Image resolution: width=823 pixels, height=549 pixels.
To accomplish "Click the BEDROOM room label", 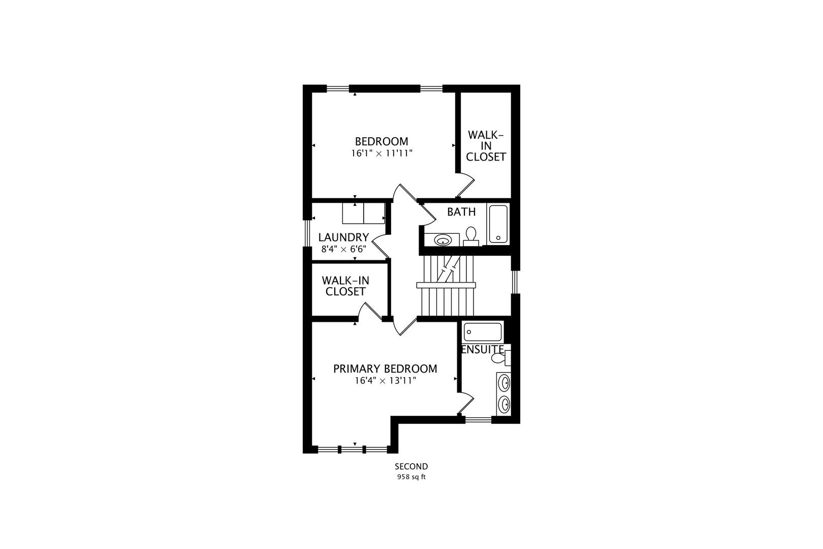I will tap(381, 141).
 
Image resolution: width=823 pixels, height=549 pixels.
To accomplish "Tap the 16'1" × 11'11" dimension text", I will tap(381, 153).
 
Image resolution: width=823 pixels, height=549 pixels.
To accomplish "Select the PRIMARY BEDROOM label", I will tap(385, 369).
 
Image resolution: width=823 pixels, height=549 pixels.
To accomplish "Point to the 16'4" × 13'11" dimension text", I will tap(385, 380).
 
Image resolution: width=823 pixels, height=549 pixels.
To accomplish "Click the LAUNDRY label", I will tap(343, 237).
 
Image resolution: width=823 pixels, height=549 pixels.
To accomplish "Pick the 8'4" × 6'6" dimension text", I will tap(343, 250).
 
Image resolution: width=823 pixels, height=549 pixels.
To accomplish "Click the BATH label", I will tap(461, 212).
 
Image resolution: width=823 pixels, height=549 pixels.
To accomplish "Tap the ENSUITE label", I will tap(482, 350).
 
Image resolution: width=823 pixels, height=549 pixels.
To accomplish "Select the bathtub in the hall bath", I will tap(497, 224).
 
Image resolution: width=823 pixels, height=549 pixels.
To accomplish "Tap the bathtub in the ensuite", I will tap(483, 332).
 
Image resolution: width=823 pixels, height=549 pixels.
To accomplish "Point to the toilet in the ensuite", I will tap(499, 359).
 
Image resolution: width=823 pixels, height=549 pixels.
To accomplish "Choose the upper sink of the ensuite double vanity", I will tap(504, 382).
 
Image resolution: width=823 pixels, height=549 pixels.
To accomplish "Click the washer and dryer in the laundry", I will tap(363, 213).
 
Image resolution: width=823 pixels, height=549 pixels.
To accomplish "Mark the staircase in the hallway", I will tap(446, 285).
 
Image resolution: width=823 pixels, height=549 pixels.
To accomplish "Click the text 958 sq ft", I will tap(411, 477).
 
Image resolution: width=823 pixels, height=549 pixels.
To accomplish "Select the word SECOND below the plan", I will tap(411, 467).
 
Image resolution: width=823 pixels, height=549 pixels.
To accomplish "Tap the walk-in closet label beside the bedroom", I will tap(486, 146).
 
